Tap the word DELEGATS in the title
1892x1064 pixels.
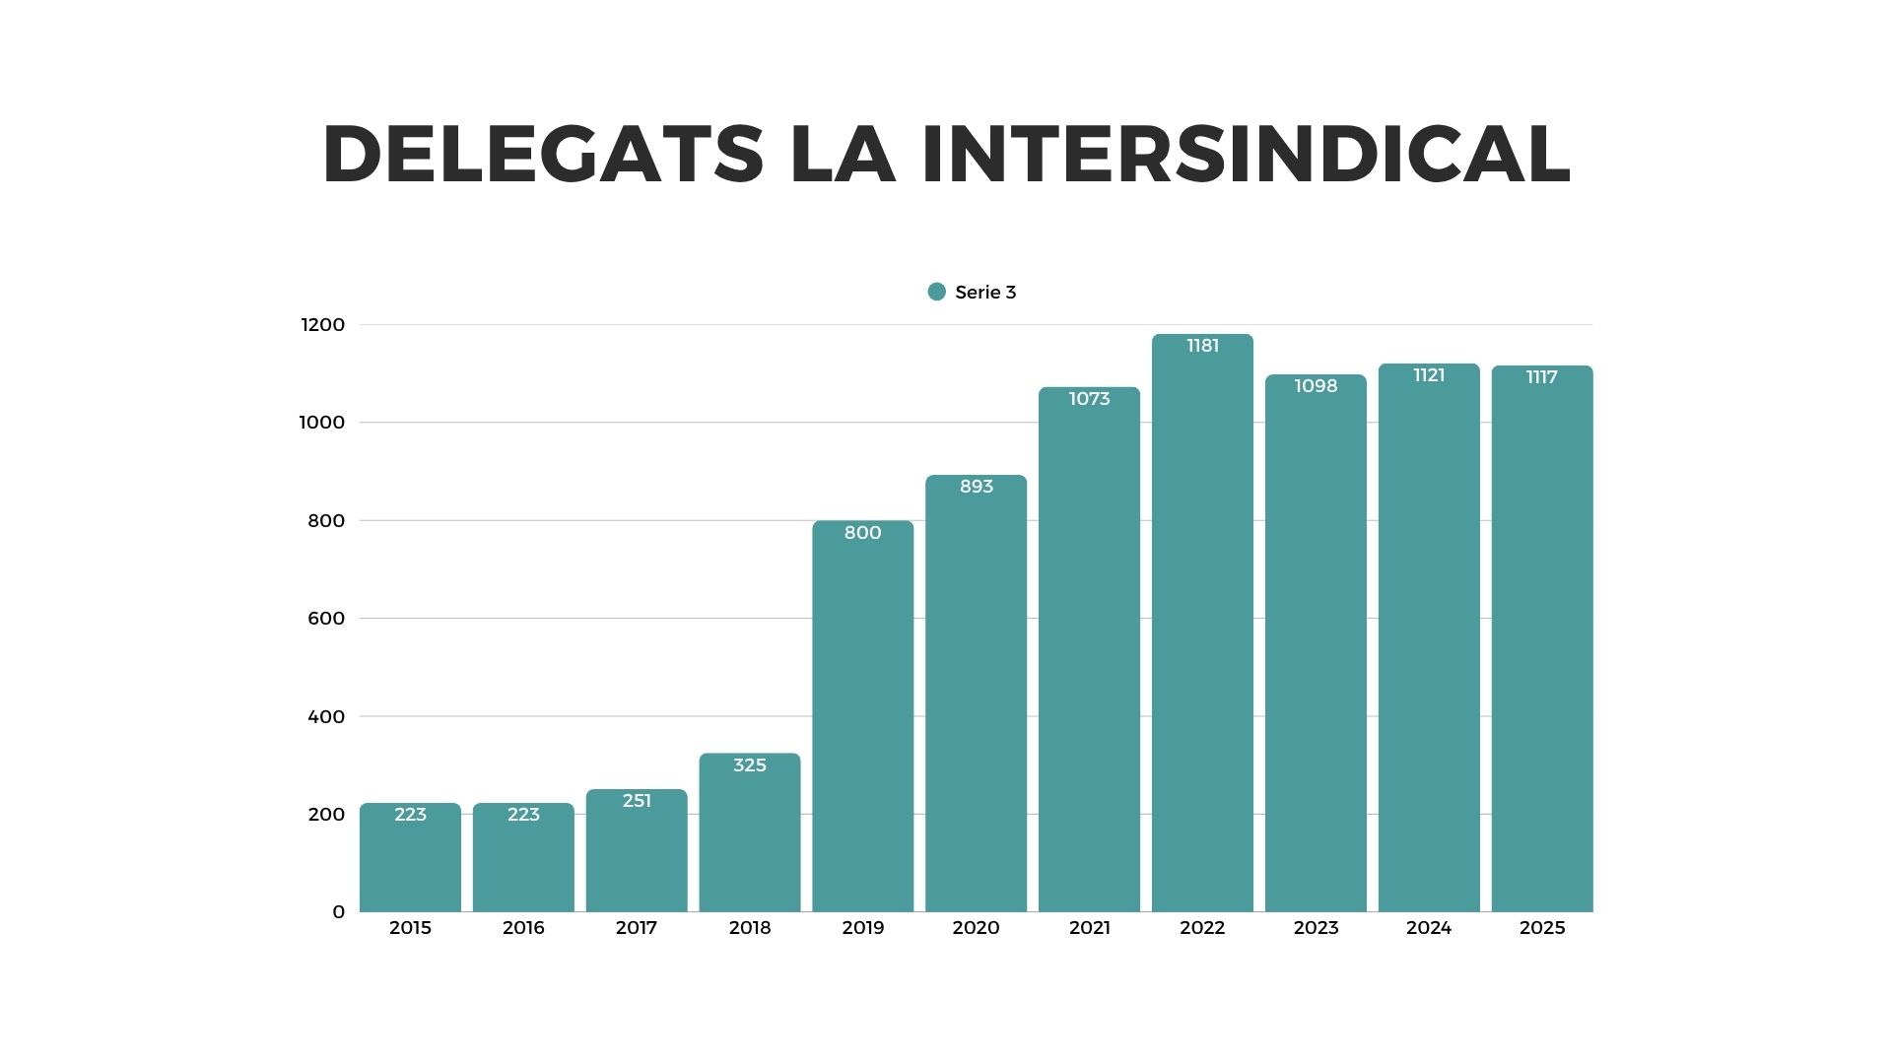(x=543, y=155)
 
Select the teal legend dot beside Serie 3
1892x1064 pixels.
(x=937, y=292)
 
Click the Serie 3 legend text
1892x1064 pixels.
(x=985, y=293)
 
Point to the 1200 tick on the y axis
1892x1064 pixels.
(x=323, y=325)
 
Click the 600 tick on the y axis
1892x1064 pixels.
(x=326, y=619)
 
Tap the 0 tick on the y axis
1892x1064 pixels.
(x=338, y=912)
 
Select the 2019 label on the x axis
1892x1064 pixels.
(x=863, y=928)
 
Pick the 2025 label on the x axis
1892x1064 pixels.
(x=1542, y=928)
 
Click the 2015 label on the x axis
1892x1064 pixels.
(x=410, y=928)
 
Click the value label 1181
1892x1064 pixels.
(x=1202, y=346)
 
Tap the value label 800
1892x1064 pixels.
(x=863, y=533)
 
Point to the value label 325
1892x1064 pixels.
(x=750, y=765)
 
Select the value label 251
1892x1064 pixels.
(x=637, y=801)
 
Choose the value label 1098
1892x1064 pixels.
(x=1316, y=386)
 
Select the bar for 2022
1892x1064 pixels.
(x=1202, y=640)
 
